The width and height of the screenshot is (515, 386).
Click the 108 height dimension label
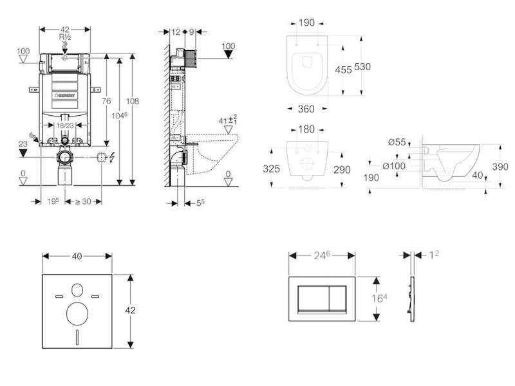133,101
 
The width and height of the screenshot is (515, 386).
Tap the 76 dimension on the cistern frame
106,101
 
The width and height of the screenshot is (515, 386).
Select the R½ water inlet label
65,37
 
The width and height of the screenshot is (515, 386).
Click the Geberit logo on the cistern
66,95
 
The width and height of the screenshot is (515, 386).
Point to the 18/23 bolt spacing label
65,125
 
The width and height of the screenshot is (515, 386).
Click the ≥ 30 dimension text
82,201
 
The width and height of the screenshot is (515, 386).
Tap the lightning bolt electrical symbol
112,158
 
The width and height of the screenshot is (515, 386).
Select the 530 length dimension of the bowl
362,67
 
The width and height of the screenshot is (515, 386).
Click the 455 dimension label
343,69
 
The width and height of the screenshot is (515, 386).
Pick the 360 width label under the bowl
306,109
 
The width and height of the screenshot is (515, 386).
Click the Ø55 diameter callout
397,142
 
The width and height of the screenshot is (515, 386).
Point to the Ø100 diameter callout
394,166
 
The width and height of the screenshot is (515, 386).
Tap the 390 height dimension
500,167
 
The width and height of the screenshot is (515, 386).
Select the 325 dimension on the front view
271,169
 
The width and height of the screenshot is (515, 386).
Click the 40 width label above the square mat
77,256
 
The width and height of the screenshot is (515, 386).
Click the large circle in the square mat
77,313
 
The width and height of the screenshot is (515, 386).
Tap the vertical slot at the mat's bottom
77,337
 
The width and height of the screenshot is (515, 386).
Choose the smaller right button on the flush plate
337,297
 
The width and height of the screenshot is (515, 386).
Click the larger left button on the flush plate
314,297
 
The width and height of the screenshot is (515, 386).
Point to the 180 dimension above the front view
306,129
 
